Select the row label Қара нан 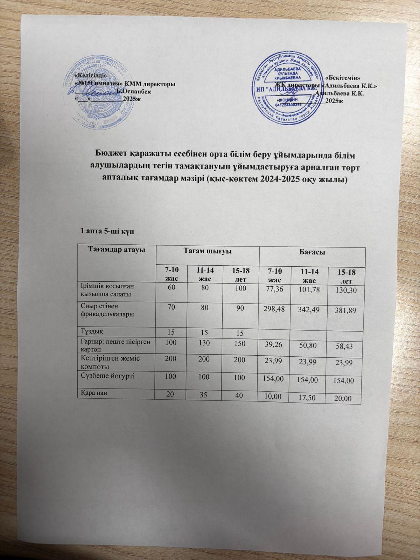(x=93, y=393)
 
